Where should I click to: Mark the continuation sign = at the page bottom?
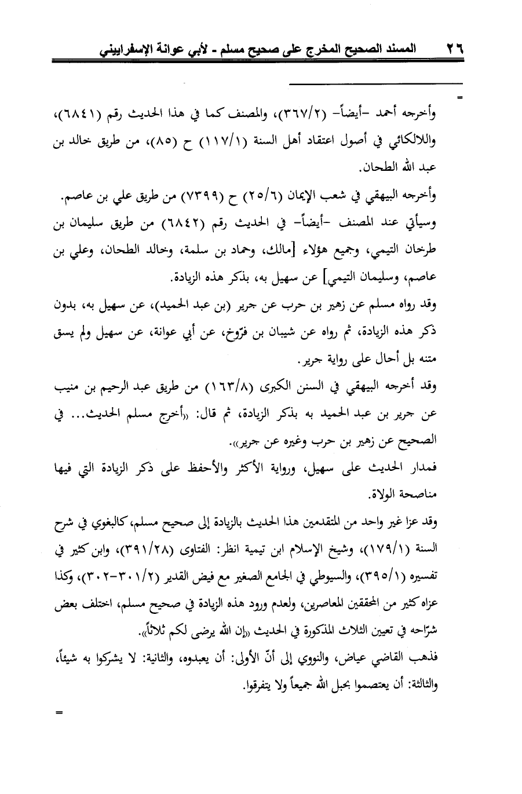pos(58,713)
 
